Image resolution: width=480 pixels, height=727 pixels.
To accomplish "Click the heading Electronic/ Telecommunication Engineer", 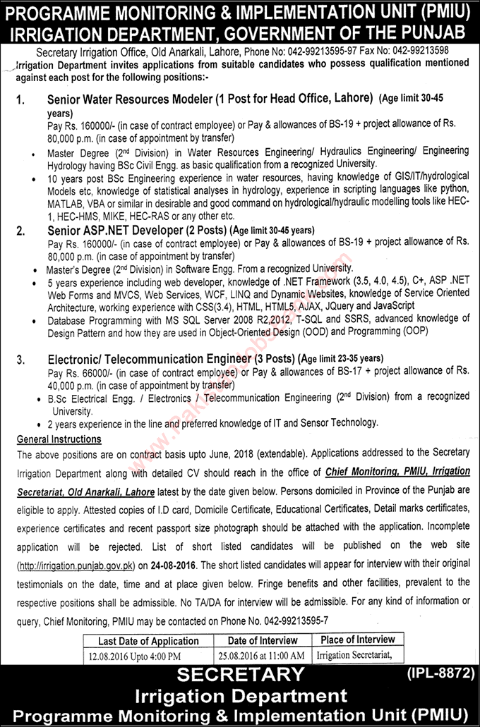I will click(148, 358).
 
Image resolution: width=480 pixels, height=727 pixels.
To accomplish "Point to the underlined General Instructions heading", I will click(59, 439).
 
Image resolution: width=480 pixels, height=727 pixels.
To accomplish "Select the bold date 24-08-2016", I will click(172, 565).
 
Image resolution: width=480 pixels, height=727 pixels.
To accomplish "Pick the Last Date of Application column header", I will click(148, 641).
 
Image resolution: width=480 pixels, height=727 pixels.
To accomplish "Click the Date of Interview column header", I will click(263, 640).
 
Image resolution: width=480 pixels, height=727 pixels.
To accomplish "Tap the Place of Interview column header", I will click(357, 640).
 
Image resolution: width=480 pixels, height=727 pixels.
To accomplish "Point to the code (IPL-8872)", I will click(440, 673).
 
